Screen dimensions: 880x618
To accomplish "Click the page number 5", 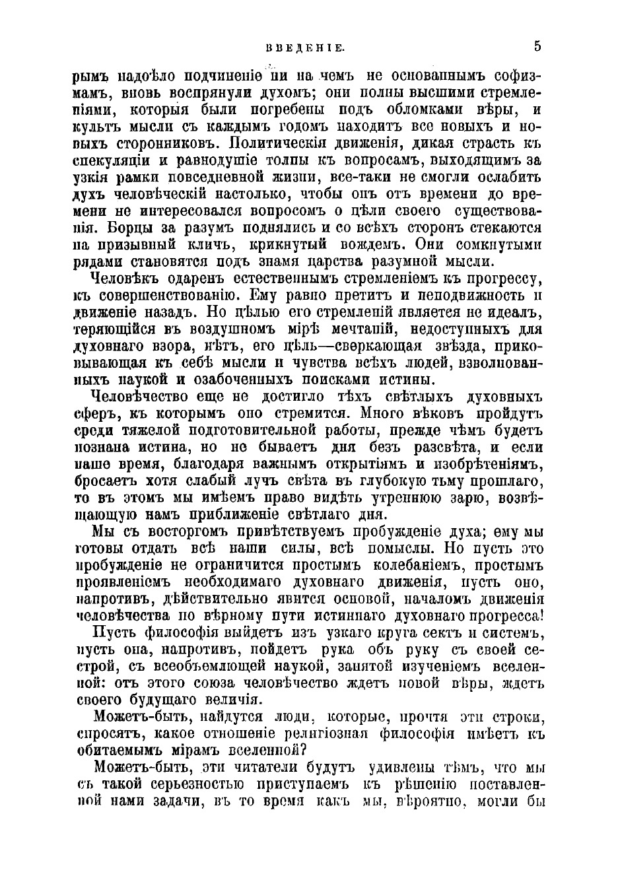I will coord(538,46).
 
